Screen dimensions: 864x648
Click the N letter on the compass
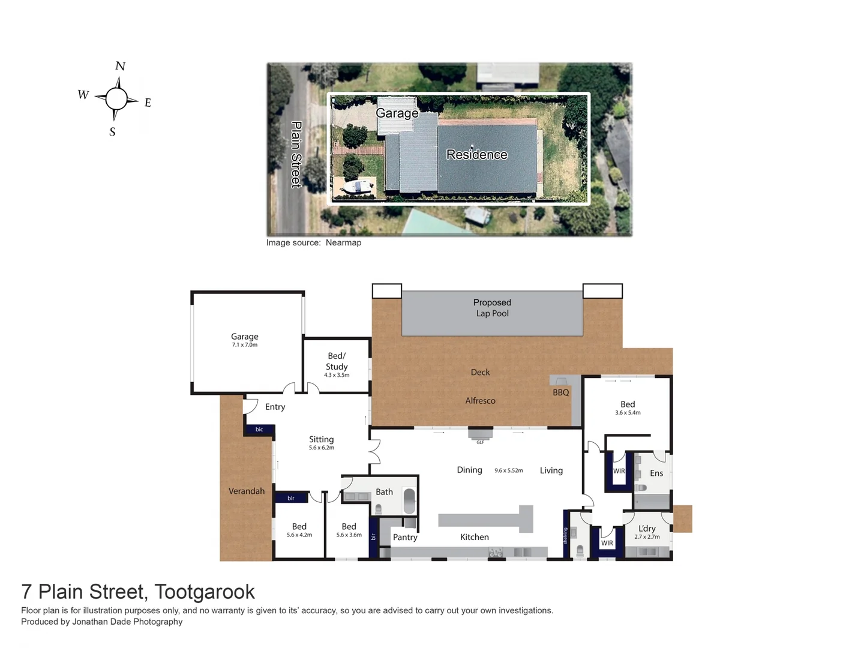click(120, 66)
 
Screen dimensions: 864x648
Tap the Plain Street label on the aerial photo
click(296, 154)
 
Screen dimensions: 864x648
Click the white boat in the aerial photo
click(356, 187)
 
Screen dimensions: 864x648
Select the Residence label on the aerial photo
click(476, 155)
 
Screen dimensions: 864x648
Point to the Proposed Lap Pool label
click(492, 308)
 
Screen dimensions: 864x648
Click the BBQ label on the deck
click(560, 392)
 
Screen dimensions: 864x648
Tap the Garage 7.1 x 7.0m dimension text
click(245, 345)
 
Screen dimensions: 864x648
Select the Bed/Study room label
click(337, 361)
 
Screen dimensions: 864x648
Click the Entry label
click(275, 407)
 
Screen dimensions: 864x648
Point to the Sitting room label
click(321, 440)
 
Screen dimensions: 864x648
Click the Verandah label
click(246, 491)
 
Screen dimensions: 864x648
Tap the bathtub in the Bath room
click(409, 501)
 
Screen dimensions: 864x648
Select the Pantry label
click(405, 538)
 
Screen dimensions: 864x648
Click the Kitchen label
click(474, 538)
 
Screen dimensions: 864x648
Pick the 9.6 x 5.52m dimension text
click(509, 471)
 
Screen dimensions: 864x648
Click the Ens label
click(656, 473)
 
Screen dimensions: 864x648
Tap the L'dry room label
click(647, 529)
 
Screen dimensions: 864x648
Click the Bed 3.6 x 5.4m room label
click(628, 404)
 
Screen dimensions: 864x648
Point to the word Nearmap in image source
click(343, 243)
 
